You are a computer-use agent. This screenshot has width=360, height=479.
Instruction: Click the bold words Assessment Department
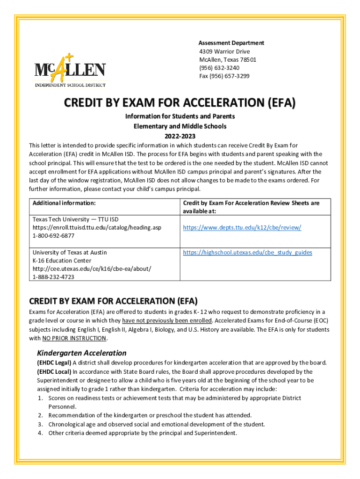[231, 43]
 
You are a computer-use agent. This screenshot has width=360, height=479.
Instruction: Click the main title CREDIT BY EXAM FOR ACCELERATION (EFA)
[180, 103]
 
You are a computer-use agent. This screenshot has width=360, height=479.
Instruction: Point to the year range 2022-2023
[180, 135]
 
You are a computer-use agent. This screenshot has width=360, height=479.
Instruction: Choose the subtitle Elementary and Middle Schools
[180, 126]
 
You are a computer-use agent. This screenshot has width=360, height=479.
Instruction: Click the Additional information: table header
[64, 203]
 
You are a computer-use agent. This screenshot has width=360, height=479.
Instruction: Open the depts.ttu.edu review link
[242, 227]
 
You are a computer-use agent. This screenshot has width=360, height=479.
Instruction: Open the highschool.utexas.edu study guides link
[248, 252]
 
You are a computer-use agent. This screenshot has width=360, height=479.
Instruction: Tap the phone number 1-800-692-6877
[53, 236]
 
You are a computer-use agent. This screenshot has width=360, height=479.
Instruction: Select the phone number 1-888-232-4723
[53, 277]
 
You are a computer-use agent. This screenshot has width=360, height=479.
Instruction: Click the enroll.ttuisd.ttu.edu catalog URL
[97, 227]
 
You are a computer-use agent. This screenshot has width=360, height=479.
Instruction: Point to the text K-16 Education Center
[62, 261]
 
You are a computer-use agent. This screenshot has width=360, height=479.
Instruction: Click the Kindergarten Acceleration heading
[82, 353]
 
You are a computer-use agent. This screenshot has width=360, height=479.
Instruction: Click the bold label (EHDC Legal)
[54, 363]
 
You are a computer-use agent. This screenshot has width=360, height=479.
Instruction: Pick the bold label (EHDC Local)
[54, 371]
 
